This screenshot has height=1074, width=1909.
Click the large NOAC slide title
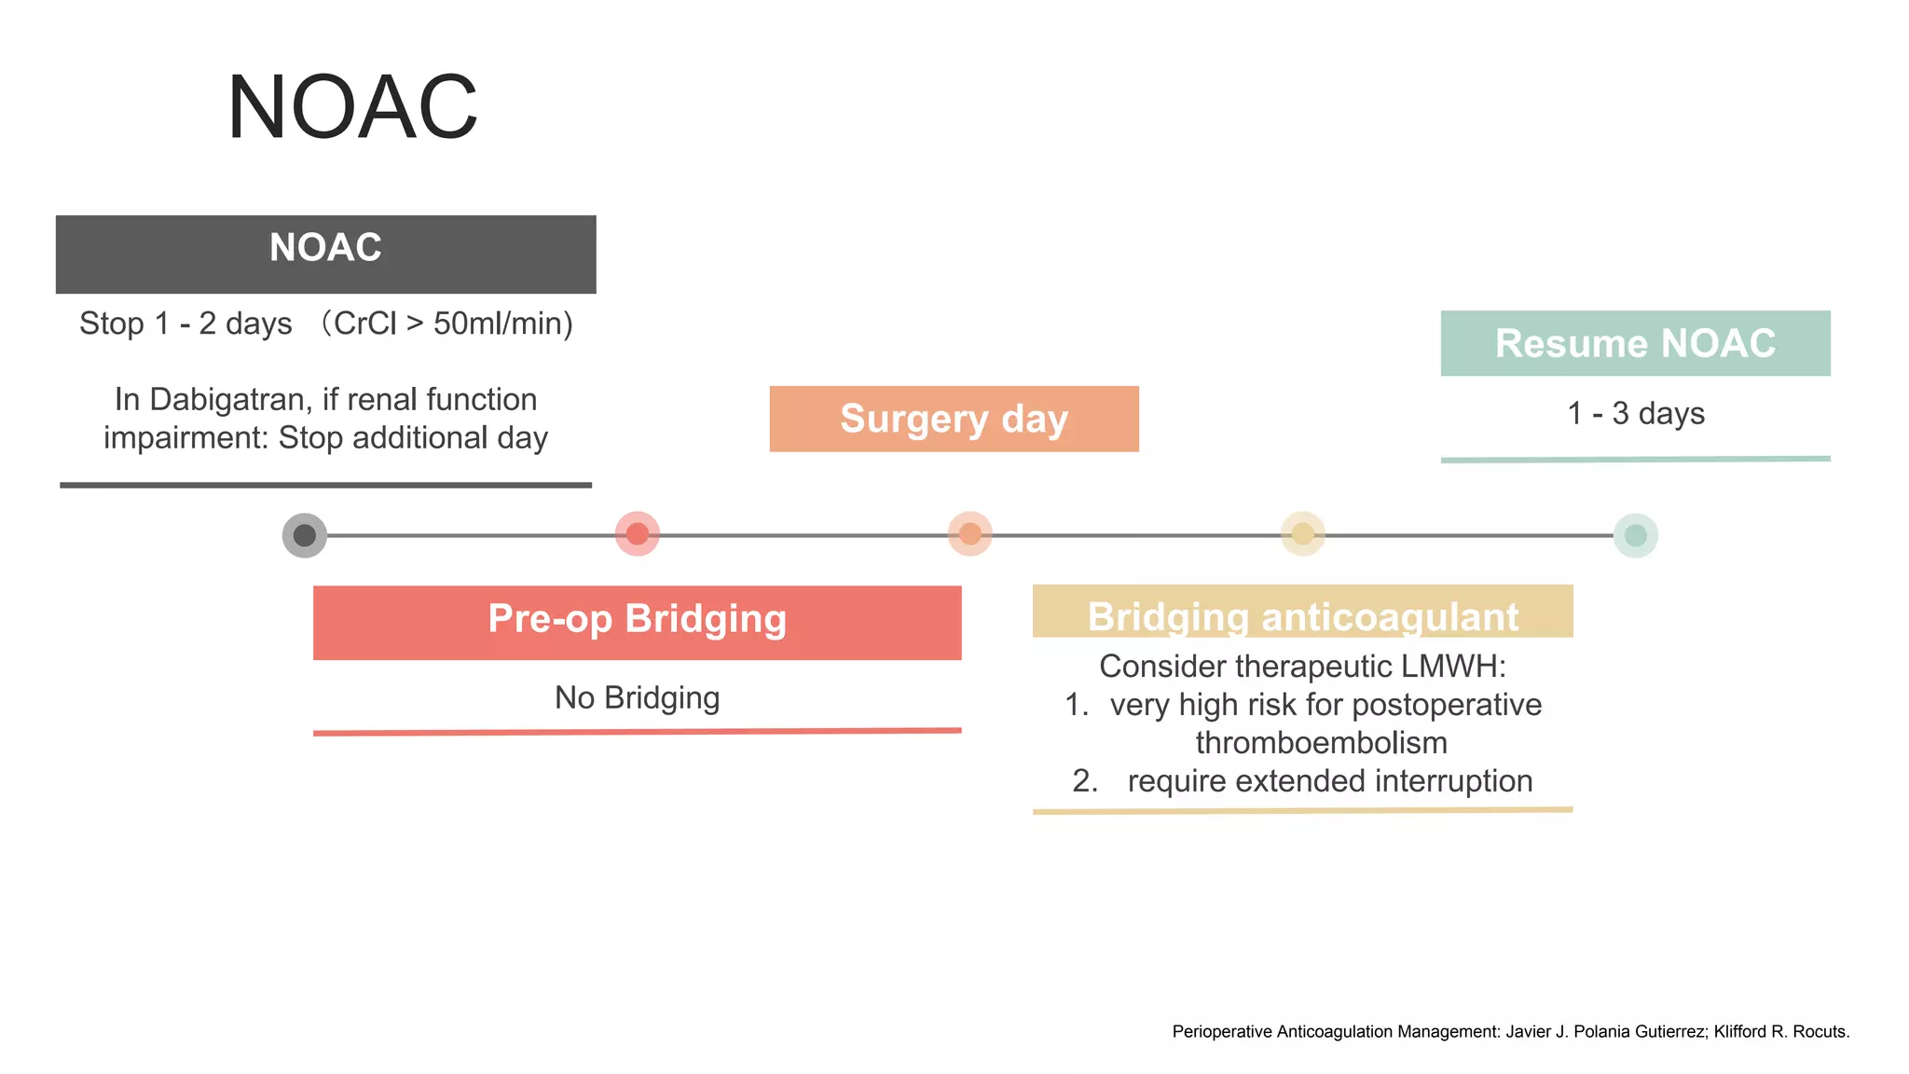pyautogui.click(x=352, y=107)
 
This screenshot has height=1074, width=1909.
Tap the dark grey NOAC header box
pyautogui.click(x=325, y=254)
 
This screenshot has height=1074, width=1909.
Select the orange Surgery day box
pyautogui.click(x=954, y=419)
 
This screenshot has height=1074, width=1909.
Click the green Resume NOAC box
pyautogui.click(x=1635, y=343)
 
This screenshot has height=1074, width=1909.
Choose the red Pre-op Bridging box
pyautogui.click(x=637, y=622)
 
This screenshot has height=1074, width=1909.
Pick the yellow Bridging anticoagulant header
pyautogui.click(x=1302, y=613)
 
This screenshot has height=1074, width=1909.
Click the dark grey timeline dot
pyautogui.click(x=305, y=535)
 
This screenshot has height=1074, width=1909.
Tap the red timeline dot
pyautogui.click(x=638, y=534)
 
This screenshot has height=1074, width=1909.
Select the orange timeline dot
pyautogui.click(x=970, y=534)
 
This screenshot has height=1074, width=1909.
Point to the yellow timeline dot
pyautogui.click(x=1303, y=534)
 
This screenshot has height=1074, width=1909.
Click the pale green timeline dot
pyautogui.click(x=1636, y=535)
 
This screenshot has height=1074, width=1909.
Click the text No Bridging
pyautogui.click(x=637, y=697)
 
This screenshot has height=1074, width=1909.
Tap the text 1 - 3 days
pyautogui.click(x=1636, y=413)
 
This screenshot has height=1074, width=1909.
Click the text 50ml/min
pyautogui.click(x=501, y=324)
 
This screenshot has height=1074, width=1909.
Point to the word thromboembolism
pyautogui.click(x=1321, y=743)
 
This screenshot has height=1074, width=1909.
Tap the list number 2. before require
pyautogui.click(x=1085, y=781)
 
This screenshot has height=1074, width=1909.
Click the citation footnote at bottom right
pyautogui.click(x=1510, y=1031)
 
